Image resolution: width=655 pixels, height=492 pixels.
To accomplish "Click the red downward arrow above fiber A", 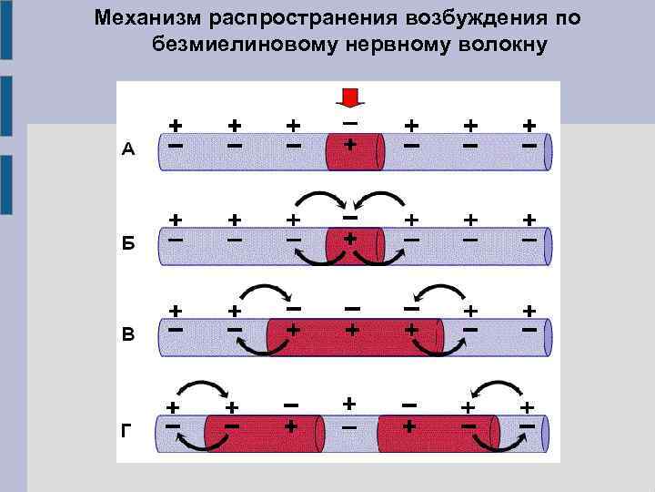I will tap(349, 97).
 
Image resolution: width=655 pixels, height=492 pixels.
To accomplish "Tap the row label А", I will tap(128, 151).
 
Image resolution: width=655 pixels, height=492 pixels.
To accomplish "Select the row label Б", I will tap(128, 244).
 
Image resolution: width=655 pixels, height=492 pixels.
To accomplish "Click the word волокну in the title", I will tap(504, 45).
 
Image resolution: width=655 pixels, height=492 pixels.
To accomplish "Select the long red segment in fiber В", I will tap(354, 336).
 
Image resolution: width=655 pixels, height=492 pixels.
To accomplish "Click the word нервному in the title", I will tap(395, 45).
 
